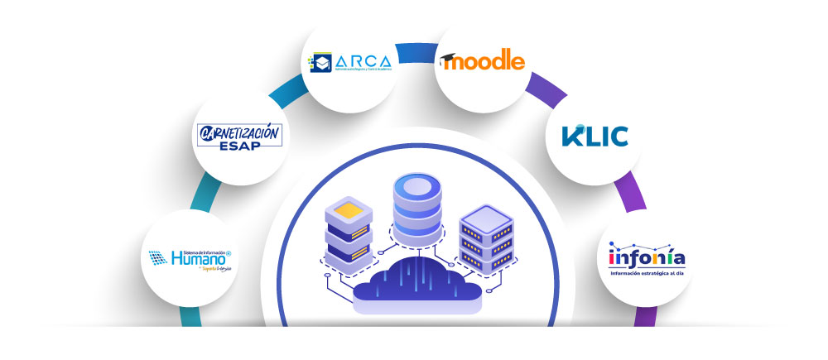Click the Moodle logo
click(x=484, y=61)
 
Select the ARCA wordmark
click(x=363, y=61)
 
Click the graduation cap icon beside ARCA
click(x=320, y=63)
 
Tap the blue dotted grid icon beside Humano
click(x=157, y=259)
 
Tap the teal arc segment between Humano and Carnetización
click(x=197, y=194)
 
